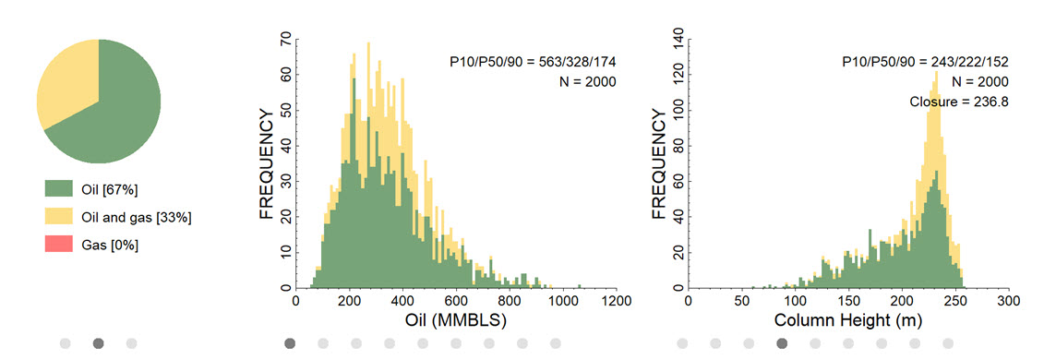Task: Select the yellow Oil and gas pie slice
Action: pyautogui.click(x=66, y=80)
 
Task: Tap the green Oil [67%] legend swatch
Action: pyautogui.click(x=58, y=188)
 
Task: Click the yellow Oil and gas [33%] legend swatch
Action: pyautogui.click(x=58, y=216)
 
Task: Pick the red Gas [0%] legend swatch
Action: pyautogui.click(x=58, y=245)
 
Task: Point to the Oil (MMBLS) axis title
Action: pyautogui.click(x=456, y=320)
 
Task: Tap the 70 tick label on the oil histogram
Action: pyautogui.click(x=285, y=40)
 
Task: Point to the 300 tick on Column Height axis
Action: pyautogui.click(x=1009, y=301)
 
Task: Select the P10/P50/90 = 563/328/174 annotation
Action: pyautogui.click(x=533, y=62)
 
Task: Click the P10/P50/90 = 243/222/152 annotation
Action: pyautogui.click(x=925, y=62)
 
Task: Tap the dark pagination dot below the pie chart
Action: pyautogui.click(x=99, y=343)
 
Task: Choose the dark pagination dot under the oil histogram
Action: pyautogui.click(x=290, y=343)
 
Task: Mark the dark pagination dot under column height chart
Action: pyautogui.click(x=782, y=343)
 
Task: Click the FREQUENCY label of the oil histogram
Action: pyautogui.click(x=266, y=164)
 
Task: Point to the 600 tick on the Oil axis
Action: pyautogui.click(x=456, y=301)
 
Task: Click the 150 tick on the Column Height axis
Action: pyautogui.click(x=848, y=301)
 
